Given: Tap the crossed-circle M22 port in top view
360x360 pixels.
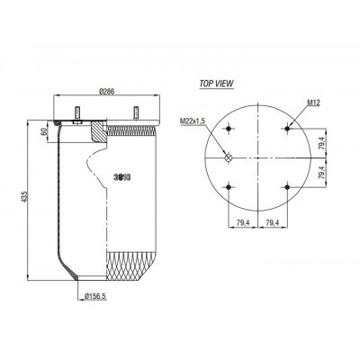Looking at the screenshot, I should pos(229,158).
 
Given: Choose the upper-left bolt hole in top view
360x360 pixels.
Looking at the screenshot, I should pos(229,126).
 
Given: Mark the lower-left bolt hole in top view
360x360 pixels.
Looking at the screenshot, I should pos(229,186).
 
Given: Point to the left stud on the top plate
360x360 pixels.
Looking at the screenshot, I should pos(79,113).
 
